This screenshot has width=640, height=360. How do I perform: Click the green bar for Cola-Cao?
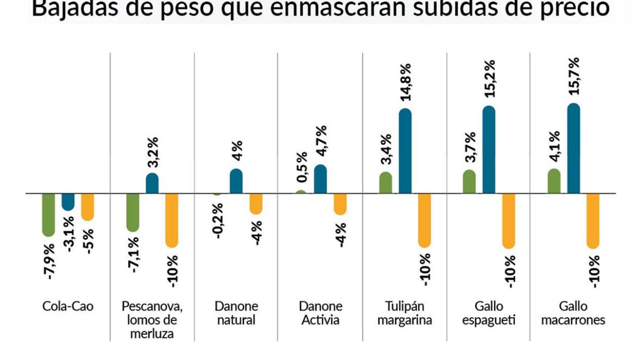[x=48, y=214]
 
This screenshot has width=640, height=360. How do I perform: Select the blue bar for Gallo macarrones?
[x=574, y=148]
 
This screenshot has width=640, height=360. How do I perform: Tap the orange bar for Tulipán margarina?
[x=424, y=220]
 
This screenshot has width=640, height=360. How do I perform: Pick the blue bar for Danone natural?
[x=236, y=181]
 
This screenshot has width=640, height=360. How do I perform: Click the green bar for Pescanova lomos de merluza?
[x=133, y=212]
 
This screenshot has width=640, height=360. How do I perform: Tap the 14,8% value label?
[x=406, y=82]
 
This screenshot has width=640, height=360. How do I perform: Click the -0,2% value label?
[x=218, y=221]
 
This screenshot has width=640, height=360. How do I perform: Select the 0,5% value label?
[x=302, y=167]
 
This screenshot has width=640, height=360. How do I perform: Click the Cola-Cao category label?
[x=68, y=306]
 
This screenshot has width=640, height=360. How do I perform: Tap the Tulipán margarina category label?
[x=404, y=313]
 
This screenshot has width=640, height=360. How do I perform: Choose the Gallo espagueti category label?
[x=488, y=313]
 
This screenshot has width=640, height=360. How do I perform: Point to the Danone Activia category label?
[x=320, y=313]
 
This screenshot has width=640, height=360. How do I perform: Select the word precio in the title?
[x=574, y=9]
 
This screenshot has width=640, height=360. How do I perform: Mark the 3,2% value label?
[x=152, y=152]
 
